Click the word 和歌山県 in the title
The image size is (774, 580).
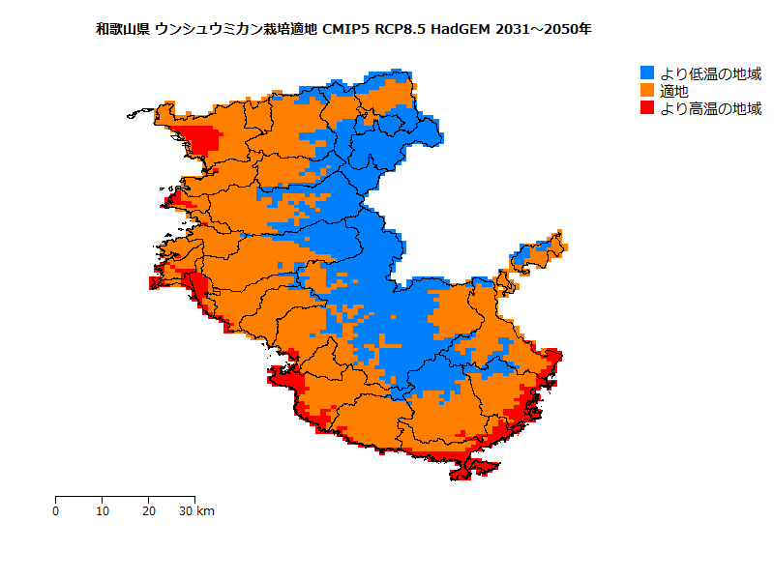tap(122, 30)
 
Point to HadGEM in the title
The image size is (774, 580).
tap(461, 30)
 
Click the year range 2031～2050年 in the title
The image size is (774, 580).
tap(543, 30)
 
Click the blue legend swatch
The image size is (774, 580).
tap(647, 72)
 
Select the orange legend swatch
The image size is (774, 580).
tap(647, 90)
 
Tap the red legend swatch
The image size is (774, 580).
tap(647, 108)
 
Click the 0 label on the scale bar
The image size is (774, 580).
tap(56, 511)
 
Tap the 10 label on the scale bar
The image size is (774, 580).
tap(103, 511)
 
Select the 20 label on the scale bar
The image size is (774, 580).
tap(148, 511)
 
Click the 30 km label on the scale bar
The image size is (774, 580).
tap(197, 511)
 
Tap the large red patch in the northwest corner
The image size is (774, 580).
tap(200, 139)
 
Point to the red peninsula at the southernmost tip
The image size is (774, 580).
tap(474, 467)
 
